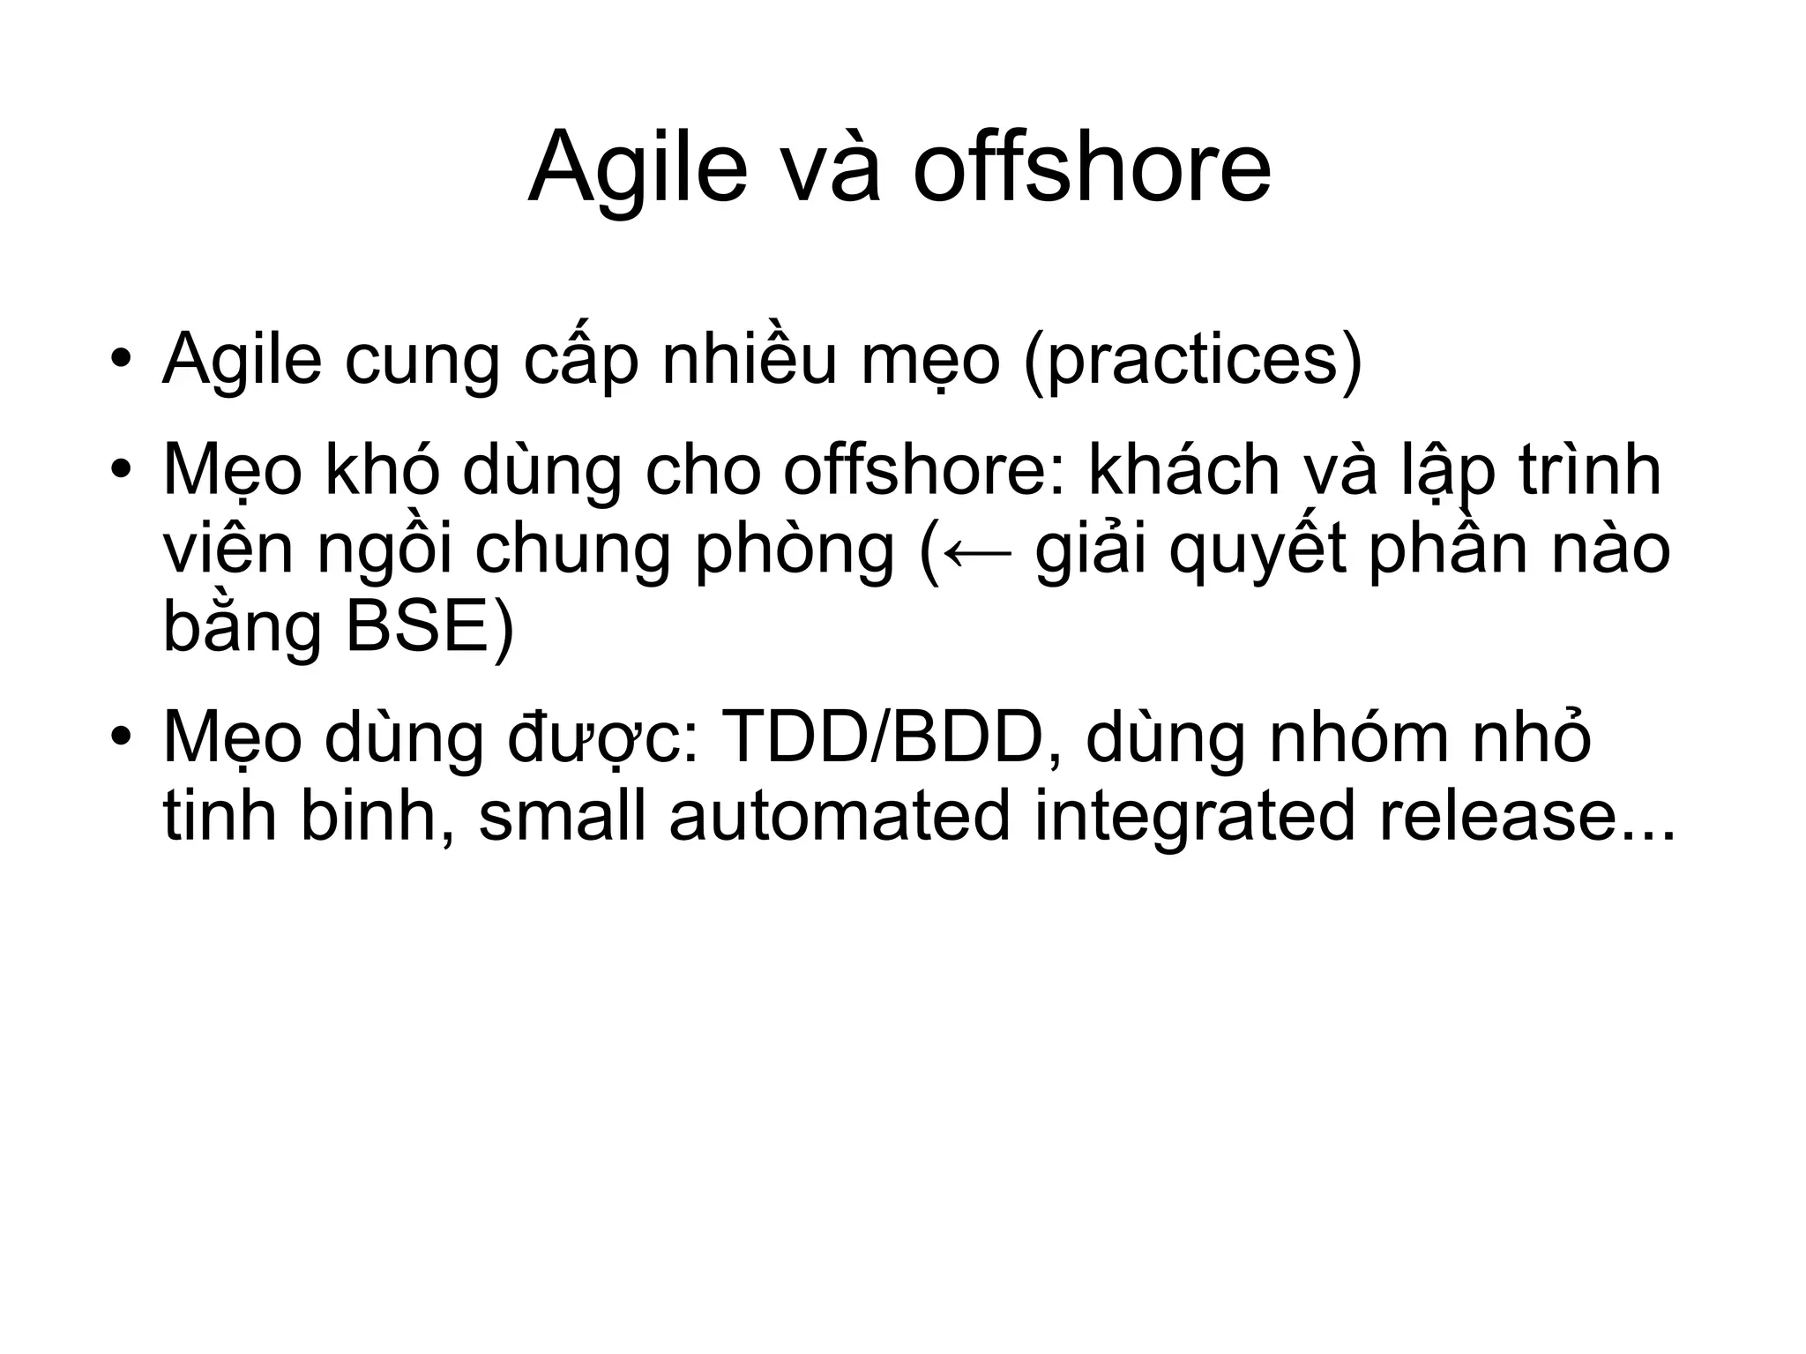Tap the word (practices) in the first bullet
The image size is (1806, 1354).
pos(1192,360)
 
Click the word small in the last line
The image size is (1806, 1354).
pos(563,816)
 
